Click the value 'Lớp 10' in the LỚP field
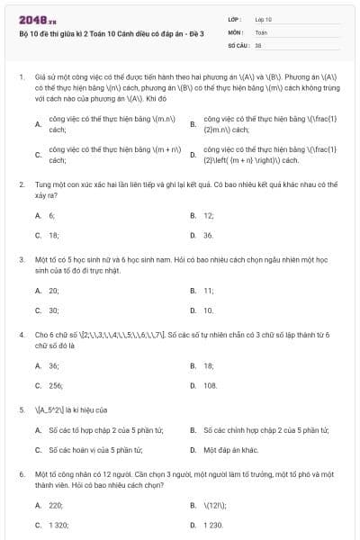(264, 18)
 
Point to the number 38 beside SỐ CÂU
(258, 43)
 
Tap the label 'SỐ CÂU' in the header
(237, 43)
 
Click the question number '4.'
(21, 334)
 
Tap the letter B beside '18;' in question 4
(193, 366)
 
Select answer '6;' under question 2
(51, 216)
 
